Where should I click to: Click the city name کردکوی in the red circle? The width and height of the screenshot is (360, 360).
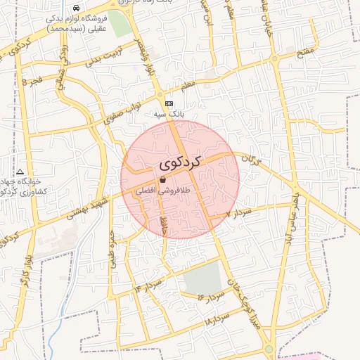pyautogui.click(x=180, y=162)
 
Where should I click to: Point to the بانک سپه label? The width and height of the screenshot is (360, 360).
pyautogui.click(x=169, y=112)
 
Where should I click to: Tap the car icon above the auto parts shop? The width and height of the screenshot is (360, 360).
pyautogui.click(x=76, y=8)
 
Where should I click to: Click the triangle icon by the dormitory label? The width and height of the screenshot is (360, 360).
pyautogui.click(x=20, y=172)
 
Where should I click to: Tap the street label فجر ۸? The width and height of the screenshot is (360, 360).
pyautogui.click(x=33, y=81)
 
